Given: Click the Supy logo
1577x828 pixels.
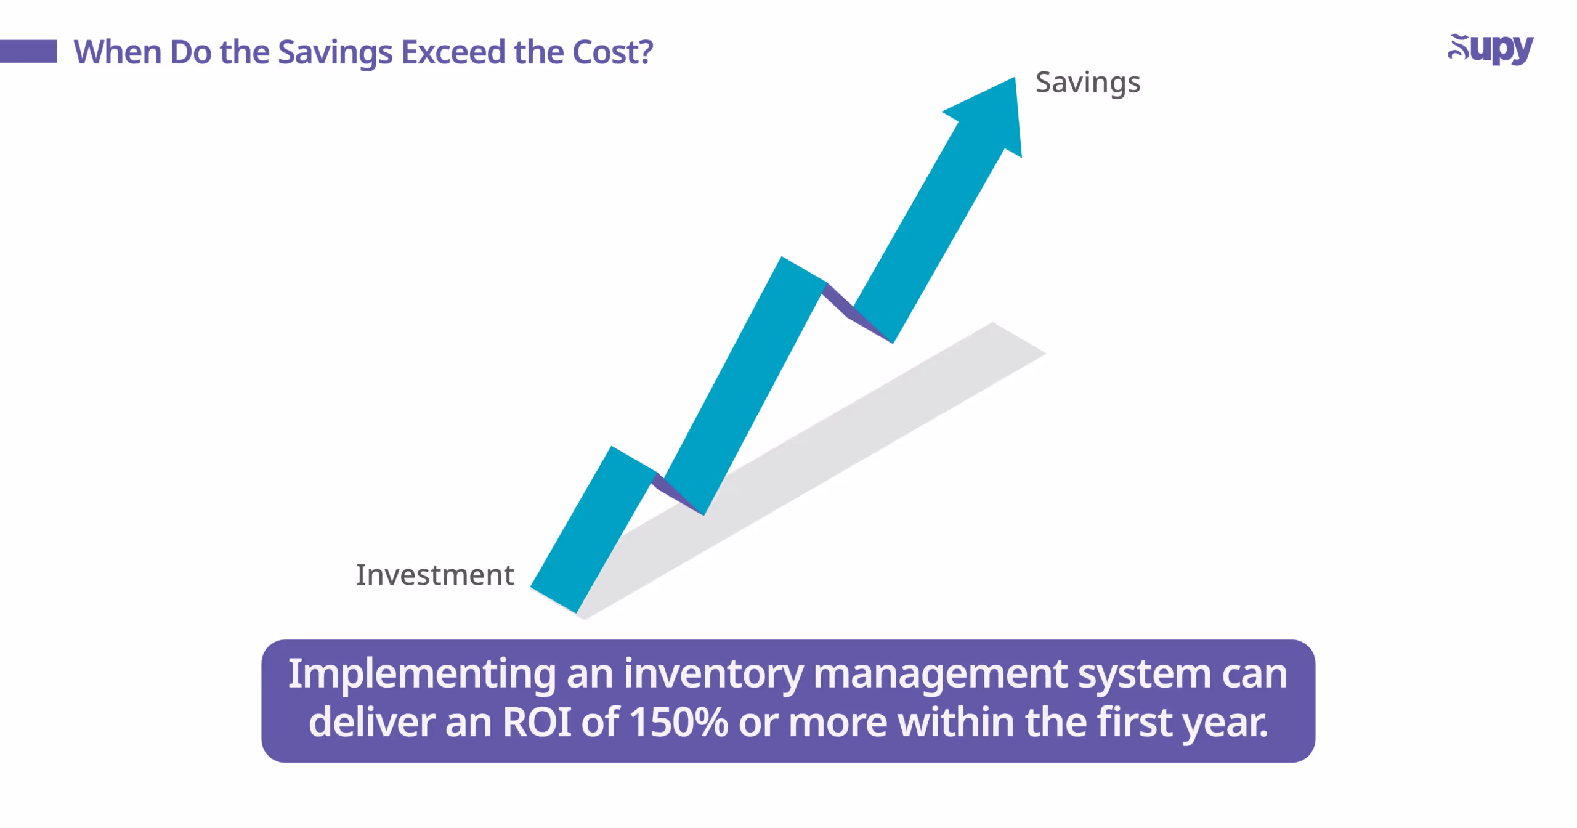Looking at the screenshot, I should click(1491, 49).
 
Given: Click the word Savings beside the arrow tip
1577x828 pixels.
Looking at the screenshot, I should click(1088, 83).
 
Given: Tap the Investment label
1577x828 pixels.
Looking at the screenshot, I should click(435, 575).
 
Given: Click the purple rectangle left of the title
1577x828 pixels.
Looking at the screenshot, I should click(28, 51).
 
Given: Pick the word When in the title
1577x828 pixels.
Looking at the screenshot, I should click(117, 52).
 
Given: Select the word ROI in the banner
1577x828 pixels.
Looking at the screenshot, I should click(537, 722).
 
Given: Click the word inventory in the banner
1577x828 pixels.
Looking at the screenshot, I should click(713, 674).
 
